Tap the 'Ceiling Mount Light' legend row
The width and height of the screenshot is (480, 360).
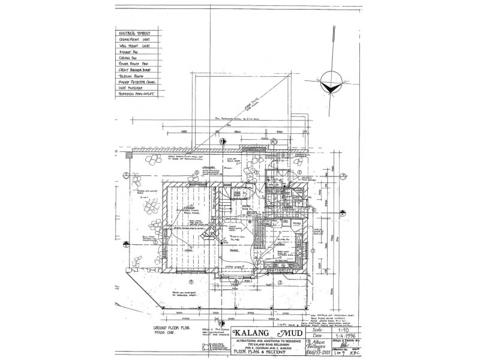point(134,40)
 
